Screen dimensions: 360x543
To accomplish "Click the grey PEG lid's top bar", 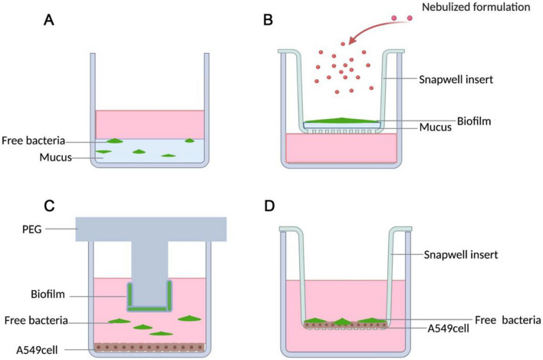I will [150, 228].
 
